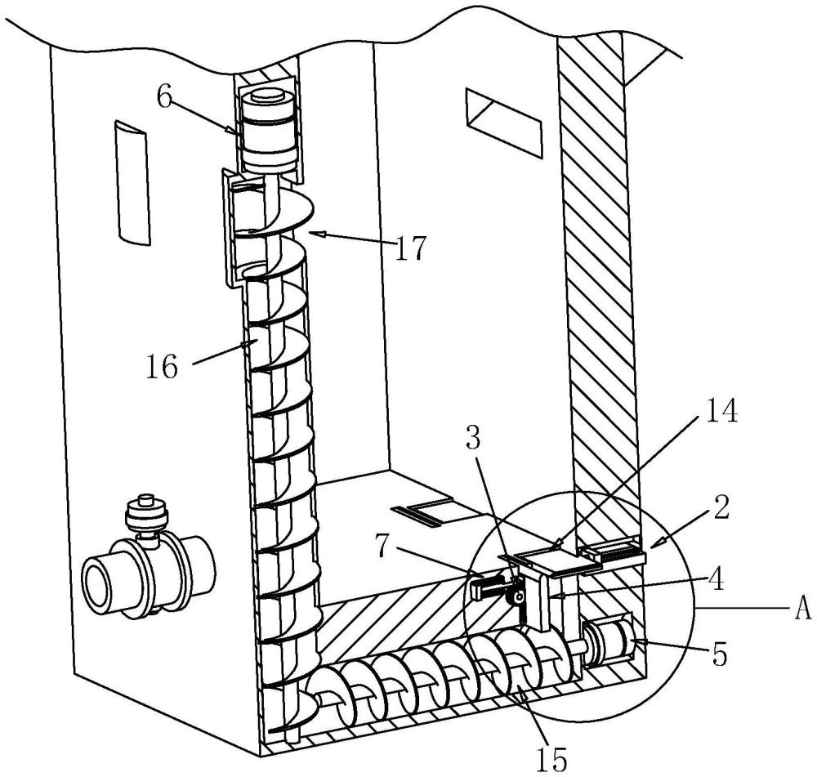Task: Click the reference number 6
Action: (x=165, y=97)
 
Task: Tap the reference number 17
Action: (x=411, y=247)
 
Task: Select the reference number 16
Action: (x=161, y=366)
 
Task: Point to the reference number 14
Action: (x=721, y=410)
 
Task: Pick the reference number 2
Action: (x=721, y=508)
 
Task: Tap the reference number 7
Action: (x=383, y=545)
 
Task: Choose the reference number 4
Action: (x=717, y=579)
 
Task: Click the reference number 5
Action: (x=720, y=654)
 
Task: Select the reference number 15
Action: (x=551, y=759)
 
